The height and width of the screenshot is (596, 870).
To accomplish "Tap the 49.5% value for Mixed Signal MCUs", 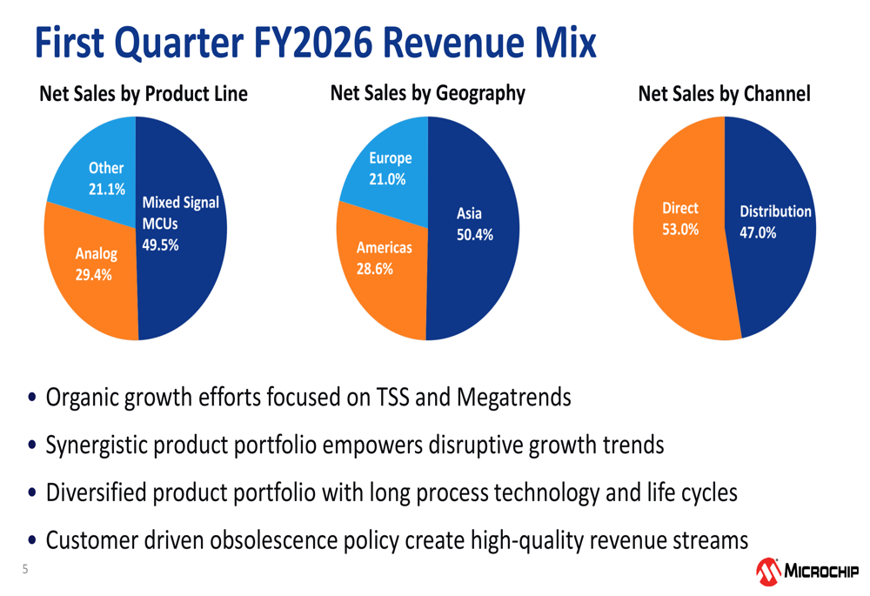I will (160, 244).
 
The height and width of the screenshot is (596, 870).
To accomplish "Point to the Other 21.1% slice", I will (101, 174).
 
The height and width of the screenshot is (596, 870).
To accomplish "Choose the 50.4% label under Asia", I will (475, 234).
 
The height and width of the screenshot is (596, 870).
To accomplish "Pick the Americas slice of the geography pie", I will (383, 261).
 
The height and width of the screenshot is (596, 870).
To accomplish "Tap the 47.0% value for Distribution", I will (758, 232).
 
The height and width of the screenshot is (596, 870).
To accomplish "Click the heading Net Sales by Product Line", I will (144, 94).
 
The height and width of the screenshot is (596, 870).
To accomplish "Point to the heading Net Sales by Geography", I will (427, 93).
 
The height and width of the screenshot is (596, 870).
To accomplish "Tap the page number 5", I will (25, 570).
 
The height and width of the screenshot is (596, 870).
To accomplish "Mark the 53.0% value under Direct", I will (680, 231).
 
